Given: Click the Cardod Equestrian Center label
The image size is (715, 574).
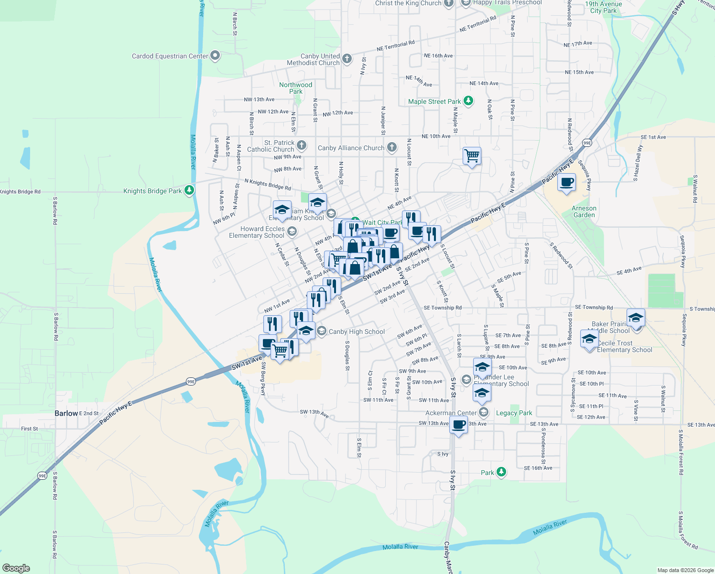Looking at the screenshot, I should (x=170, y=56).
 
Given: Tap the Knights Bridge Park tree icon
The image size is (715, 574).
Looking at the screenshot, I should (x=189, y=190).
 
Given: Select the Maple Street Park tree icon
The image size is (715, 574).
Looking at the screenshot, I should (x=469, y=101).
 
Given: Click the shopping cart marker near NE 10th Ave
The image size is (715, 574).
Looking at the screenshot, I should (x=472, y=155).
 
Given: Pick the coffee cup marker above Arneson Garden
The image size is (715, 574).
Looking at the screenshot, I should (x=566, y=182).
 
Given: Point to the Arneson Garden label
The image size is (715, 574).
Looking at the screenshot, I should (x=584, y=211).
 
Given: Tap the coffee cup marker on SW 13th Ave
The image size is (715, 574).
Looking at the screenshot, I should (x=458, y=424).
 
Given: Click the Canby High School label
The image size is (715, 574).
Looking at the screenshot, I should (x=357, y=331).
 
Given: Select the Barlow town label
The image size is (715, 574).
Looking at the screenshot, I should (x=66, y=413).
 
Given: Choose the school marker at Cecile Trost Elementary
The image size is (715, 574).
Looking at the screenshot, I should (x=589, y=339).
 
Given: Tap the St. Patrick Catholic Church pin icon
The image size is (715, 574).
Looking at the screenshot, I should (x=302, y=145).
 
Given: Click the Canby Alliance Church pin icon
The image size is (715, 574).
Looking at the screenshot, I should (x=392, y=147).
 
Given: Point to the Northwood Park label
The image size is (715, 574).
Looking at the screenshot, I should (x=295, y=88).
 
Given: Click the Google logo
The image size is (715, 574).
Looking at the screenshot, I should (x=16, y=568).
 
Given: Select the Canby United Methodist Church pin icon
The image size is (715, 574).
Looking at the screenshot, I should (x=347, y=59).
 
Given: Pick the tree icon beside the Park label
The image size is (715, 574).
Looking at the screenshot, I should (x=501, y=472).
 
